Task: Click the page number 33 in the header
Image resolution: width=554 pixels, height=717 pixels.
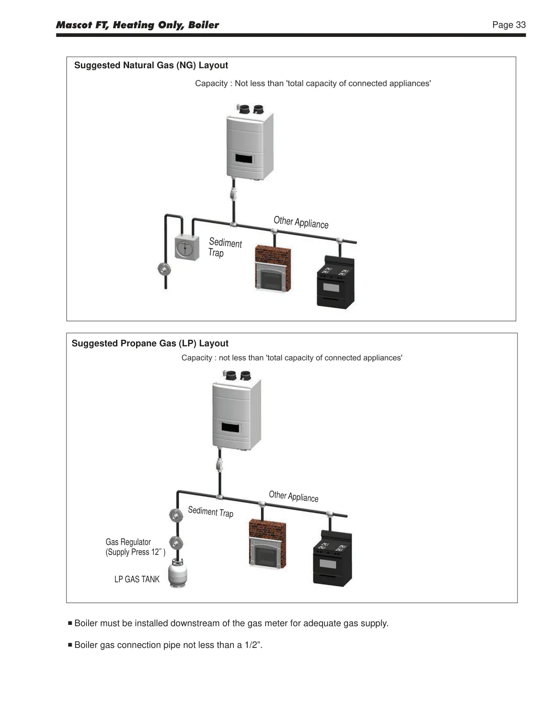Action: [x=521, y=25]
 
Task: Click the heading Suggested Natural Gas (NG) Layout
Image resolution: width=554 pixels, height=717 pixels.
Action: [x=151, y=65]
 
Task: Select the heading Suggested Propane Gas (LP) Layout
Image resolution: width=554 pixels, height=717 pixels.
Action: [x=150, y=343]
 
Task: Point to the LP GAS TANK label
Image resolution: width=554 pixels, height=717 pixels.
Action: [x=137, y=579]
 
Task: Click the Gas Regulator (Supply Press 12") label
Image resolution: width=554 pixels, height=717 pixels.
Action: [x=135, y=547]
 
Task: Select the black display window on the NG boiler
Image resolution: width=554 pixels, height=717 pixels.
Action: [x=244, y=159]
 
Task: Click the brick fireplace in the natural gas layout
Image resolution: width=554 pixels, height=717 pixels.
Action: [x=273, y=269]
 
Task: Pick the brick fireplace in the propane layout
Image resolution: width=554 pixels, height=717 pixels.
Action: [x=267, y=544]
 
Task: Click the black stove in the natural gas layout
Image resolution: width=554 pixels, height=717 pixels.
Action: [x=335, y=282]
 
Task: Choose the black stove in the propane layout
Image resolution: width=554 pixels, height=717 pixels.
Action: [x=332, y=558]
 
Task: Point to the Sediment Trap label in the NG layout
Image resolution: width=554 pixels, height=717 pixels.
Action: [x=225, y=247]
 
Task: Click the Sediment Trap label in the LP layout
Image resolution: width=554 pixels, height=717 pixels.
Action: [x=210, y=511]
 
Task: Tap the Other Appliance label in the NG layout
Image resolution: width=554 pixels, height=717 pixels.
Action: [x=301, y=222]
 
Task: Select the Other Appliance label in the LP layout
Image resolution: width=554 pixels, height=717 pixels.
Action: [x=293, y=496]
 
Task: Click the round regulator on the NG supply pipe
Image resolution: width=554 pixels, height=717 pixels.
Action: [x=164, y=269]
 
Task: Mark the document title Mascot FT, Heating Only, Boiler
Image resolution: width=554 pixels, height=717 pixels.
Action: [x=137, y=25]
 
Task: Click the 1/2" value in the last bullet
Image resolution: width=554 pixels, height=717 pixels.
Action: [x=253, y=645]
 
